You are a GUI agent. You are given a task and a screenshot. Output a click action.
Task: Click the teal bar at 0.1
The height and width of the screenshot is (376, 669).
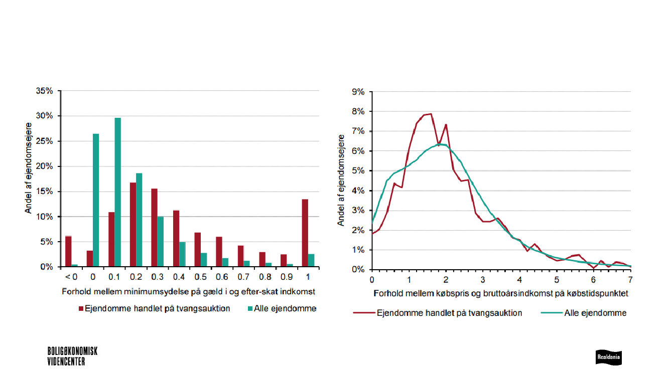(x=118, y=193)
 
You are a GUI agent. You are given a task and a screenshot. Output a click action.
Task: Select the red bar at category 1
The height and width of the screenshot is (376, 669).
(x=304, y=233)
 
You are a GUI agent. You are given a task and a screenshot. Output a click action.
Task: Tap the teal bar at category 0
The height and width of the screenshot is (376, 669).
(x=96, y=201)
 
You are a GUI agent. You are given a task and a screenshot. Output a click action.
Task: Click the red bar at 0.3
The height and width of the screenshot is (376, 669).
(x=154, y=228)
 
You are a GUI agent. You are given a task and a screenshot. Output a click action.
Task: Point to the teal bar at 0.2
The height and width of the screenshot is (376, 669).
(x=139, y=220)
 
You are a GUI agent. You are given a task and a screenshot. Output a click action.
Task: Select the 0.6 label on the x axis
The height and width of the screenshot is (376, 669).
(x=222, y=277)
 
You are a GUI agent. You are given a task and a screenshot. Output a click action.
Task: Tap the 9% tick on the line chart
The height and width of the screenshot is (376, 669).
(x=358, y=91)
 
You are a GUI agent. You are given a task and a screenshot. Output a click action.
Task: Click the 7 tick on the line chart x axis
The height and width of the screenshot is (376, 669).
(x=630, y=279)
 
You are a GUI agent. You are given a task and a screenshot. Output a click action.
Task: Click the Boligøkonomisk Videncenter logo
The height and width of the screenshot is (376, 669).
(x=72, y=356)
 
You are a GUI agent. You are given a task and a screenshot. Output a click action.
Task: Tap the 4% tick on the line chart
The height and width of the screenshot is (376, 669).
(x=358, y=190)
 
